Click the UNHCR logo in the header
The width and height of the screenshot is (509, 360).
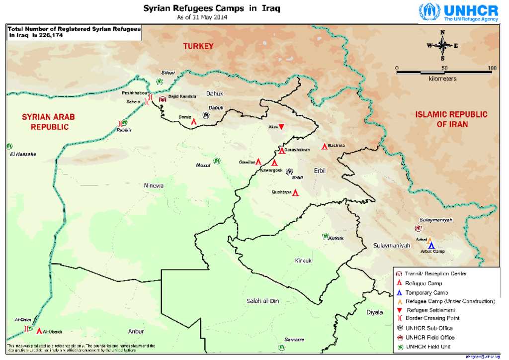(x=458, y=12)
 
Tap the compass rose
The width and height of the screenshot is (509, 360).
(x=442, y=46)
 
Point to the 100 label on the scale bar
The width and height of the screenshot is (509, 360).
(x=492, y=68)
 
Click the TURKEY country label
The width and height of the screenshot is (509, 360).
(x=198, y=46)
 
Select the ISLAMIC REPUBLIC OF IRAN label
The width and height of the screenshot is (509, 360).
(x=451, y=119)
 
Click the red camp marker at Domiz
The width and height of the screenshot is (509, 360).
(x=193, y=120)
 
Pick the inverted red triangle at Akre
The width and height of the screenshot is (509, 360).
(x=281, y=127)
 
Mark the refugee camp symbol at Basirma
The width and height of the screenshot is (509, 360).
(x=325, y=146)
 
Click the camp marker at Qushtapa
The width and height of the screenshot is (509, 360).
(x=295, y=192)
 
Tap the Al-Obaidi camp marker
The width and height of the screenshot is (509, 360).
(x=39, y=331)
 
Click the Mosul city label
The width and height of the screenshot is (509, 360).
(x=203, y=166)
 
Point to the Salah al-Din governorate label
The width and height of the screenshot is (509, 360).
(x=263, y=301)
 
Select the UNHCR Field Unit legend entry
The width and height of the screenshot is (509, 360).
(x=429, y=347)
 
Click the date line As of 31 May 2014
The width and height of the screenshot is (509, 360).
(x=202, y=17)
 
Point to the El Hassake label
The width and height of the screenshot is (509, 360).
(x=23, y=154)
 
